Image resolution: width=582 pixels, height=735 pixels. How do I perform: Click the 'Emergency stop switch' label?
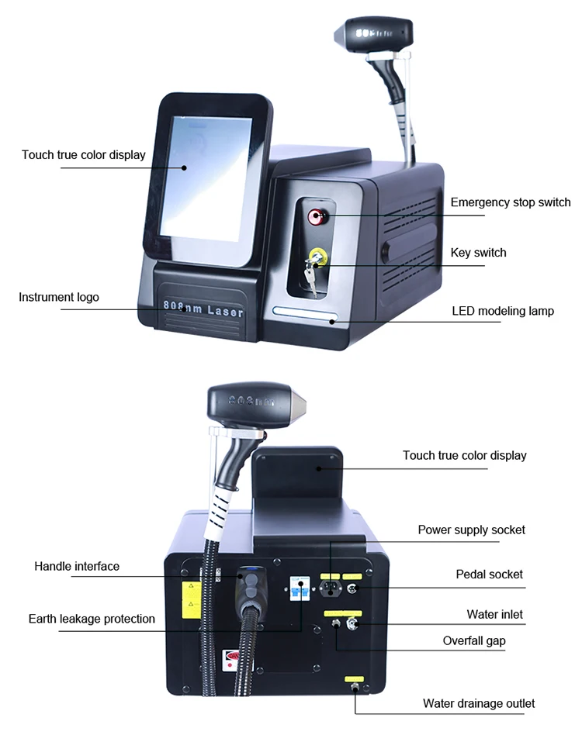tap(510, 202)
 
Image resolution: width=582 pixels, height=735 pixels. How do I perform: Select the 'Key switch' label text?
tap(478, 253)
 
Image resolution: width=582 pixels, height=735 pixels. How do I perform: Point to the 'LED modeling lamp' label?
tap(503, 311)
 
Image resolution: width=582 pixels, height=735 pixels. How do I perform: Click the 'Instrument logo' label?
tap(59, 297)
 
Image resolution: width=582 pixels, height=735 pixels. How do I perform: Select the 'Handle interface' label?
tap(77, 566)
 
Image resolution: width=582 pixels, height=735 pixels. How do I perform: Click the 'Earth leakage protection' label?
tap(92, 619)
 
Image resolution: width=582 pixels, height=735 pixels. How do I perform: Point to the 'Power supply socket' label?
tap(471, 530)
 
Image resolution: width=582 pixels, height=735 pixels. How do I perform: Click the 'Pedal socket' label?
tap(489, 575)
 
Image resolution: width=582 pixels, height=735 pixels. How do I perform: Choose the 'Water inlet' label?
tap(494, 614)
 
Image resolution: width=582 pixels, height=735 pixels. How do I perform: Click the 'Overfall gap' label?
tap(474, 641)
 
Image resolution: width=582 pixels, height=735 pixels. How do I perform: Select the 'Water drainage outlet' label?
tap(479, 703)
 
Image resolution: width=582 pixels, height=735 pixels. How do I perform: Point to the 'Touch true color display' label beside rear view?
tap(464, 455)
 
